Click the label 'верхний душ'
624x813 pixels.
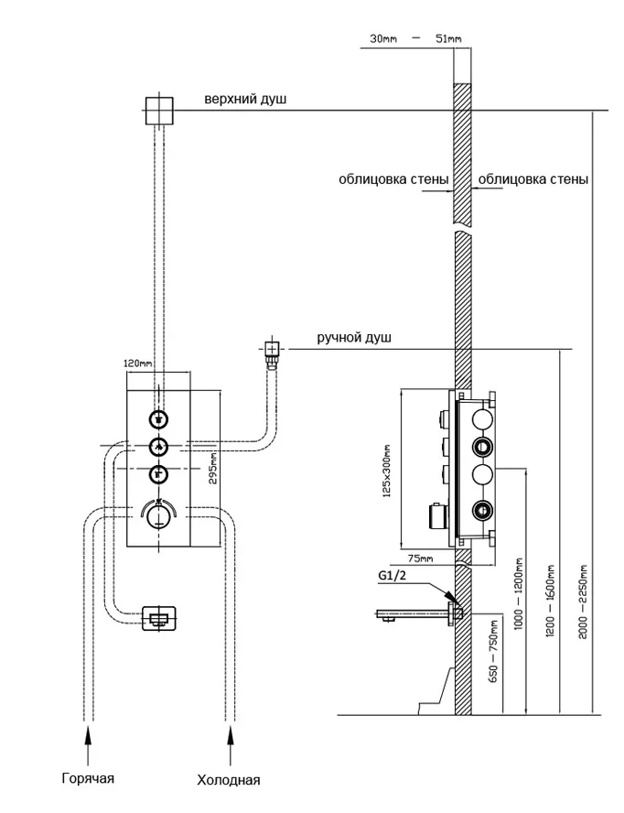pyautogui.click(x=245, y=99)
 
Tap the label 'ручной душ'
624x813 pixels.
pyautogui.click(x=354, y=339)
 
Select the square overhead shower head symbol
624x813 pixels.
pyautogui.click(x=160, y=111)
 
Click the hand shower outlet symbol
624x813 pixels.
pyautogui.click(x=272, y=349)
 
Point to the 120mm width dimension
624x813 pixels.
pyautogui.click(x=137, y=363)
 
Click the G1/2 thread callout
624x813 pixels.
pyautogui.click(x=392, y=576)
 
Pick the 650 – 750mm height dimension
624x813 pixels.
pyautogui.click(x=496, y=654)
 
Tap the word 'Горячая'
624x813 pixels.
pyautogui.click(x=89, y=778)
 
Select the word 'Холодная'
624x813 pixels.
pyautogui.click(x=229, y=780)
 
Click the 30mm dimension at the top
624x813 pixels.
pyautogui.click(x=385, y=38)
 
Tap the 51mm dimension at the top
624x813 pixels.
pyautogui.click(x=448, y=38)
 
